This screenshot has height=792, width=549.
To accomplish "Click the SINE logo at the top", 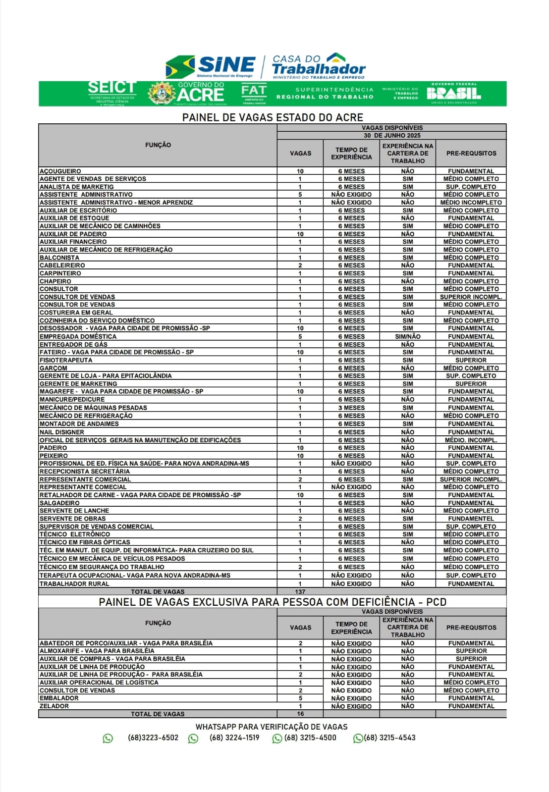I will point(211,66).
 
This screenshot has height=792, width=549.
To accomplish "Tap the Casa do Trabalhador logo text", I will point(319,66).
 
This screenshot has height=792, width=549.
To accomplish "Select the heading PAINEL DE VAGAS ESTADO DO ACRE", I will point(273,117).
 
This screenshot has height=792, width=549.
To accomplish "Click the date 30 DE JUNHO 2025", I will point(391,135).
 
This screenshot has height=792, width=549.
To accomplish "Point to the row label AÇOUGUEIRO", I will point(60,171).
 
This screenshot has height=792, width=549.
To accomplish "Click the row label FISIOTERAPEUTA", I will point(66,360).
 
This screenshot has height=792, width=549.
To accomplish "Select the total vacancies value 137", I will point(300,591).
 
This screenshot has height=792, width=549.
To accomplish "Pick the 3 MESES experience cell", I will point(351,408).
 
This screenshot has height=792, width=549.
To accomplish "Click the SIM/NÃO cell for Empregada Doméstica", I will point(408,336).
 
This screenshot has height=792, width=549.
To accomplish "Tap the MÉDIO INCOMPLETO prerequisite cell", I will point(471,203).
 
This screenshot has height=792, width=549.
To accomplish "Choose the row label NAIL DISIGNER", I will point(62,432).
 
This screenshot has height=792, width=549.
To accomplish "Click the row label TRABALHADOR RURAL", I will point(74,583).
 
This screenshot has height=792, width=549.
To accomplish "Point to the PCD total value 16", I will point(300,714).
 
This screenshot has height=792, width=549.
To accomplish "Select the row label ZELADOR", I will point(55,706).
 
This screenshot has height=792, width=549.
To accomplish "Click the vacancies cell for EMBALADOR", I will point(300,698).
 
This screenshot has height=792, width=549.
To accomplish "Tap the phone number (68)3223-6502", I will point(153,738).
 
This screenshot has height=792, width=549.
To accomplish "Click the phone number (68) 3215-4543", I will point(389,738).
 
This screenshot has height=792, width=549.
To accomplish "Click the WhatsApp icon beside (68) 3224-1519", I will point(193,739).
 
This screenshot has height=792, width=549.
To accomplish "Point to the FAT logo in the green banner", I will point(254,93).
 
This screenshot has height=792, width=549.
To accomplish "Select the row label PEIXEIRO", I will point(54,456).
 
